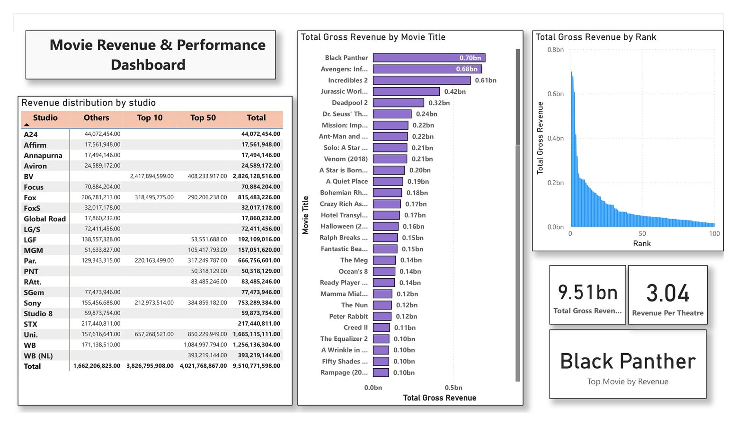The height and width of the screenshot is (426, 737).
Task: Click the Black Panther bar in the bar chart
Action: tap(428, 58)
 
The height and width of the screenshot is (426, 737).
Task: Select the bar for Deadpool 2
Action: tap(398, 103)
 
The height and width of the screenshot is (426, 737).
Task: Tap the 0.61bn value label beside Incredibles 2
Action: tap(485, 80)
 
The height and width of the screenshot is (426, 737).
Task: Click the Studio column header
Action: tap(45, 118)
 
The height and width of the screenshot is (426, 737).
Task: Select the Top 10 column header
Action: tap(150, 118)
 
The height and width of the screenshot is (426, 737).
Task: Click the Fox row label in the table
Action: tap(30, 198)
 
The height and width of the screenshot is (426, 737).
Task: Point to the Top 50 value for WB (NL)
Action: tap(207, 355)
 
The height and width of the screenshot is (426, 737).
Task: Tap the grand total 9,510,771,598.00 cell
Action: tap(256, 366)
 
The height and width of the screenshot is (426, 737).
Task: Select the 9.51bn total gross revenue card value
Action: tap(587, 293)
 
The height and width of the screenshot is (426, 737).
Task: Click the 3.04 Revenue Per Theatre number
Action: tap(667, 293)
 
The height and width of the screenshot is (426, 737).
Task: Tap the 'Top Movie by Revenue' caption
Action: tap(628, 382)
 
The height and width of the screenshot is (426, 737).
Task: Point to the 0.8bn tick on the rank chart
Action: tap(555, 50)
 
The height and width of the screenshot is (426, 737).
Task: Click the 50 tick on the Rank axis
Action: tap(642, 234)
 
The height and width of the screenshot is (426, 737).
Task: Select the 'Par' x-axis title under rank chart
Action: tap(642, 244)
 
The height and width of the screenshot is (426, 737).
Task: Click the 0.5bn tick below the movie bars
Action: tap(453, 388)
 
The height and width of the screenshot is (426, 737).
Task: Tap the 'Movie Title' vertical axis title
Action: tap(306, 215)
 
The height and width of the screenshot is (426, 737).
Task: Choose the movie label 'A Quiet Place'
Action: tap(346, 181)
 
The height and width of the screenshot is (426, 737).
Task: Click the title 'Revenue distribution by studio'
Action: tap(89, 103)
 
